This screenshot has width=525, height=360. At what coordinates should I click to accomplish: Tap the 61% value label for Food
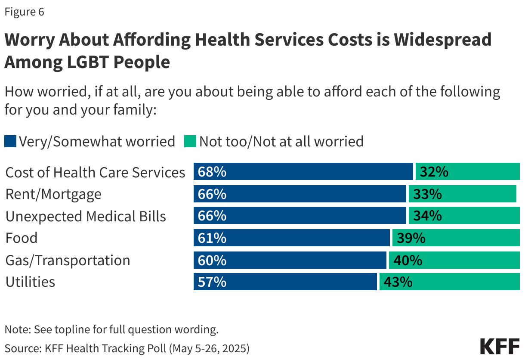212,238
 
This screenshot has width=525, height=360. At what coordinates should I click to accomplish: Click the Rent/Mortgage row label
53,194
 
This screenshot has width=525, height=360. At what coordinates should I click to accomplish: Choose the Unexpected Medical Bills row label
86,216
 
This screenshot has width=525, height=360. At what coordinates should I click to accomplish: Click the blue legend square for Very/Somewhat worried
10,141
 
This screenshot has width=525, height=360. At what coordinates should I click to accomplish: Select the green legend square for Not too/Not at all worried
190,141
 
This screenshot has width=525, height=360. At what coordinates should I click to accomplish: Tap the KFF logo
499,346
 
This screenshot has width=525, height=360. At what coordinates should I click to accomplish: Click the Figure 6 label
24,12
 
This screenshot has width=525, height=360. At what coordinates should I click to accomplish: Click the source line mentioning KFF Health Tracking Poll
127,348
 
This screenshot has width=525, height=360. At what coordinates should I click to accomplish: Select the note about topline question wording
111,330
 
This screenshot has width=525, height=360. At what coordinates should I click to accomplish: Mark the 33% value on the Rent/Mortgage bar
427,194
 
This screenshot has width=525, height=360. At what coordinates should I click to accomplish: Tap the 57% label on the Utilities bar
212,282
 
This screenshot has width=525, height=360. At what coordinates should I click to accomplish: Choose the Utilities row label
30,282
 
